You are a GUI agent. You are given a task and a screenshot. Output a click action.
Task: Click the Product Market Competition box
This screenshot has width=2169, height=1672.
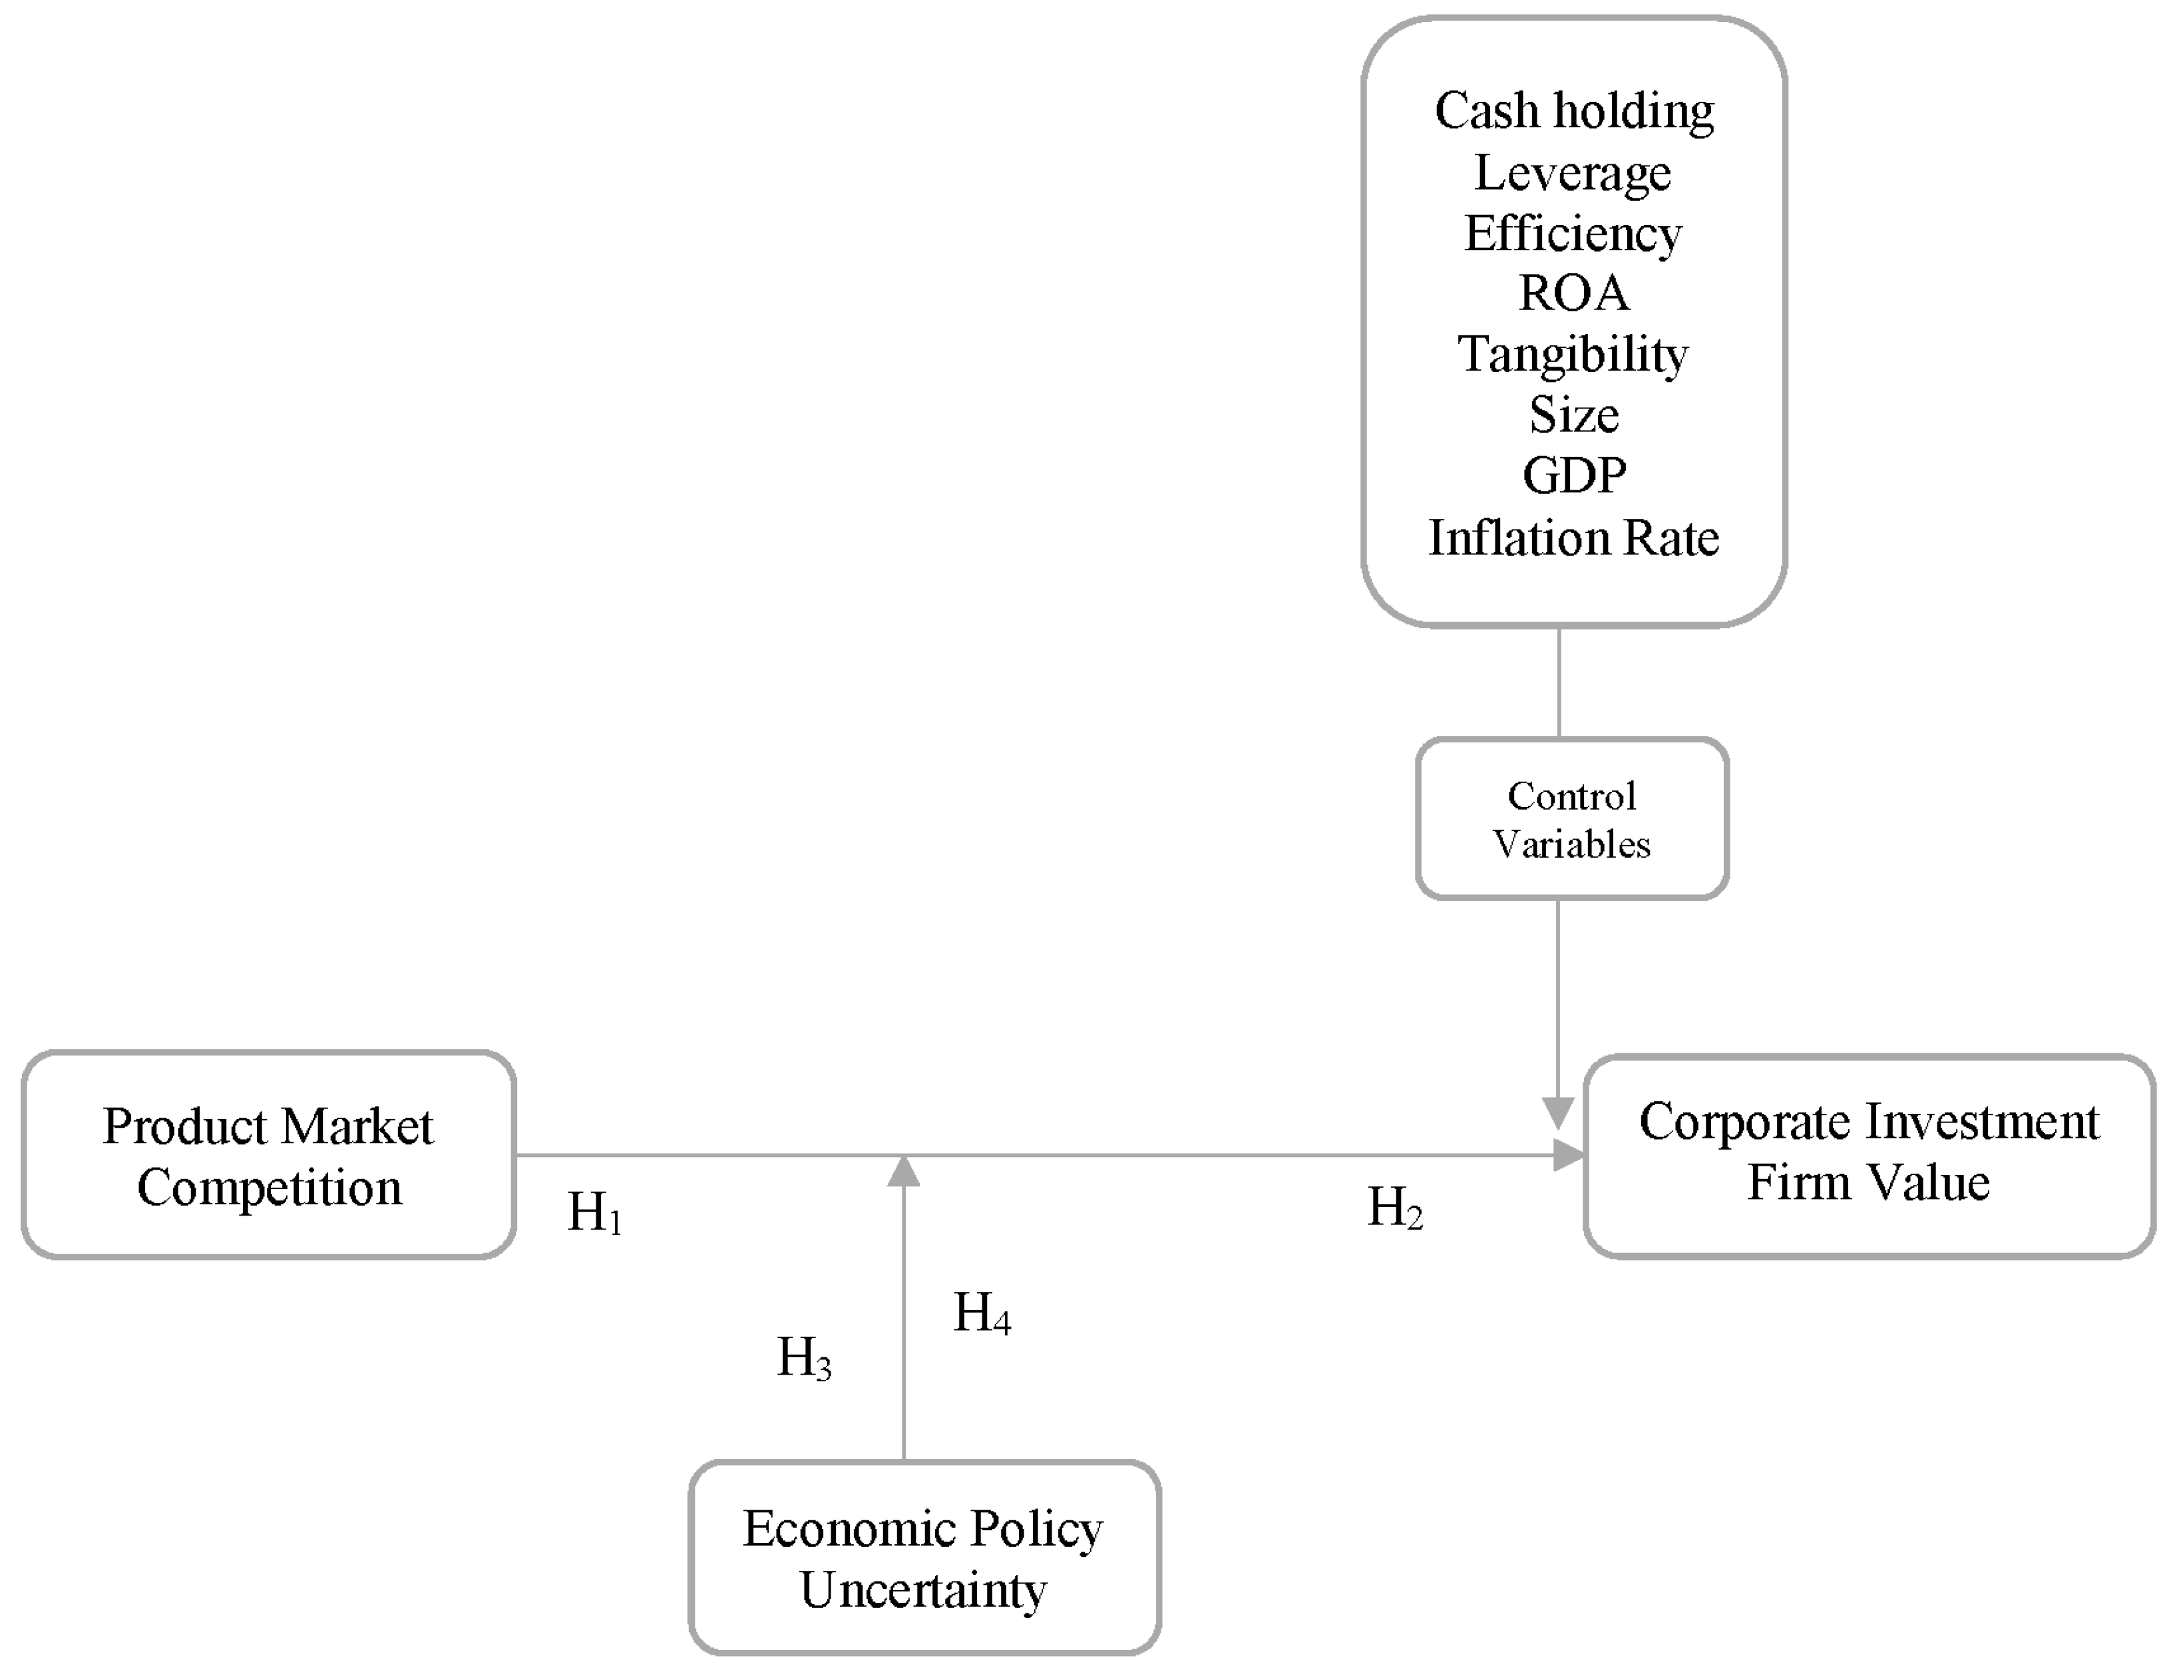pos(268,1156)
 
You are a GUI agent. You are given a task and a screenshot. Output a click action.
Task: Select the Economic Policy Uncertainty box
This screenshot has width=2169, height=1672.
pos(924,1558)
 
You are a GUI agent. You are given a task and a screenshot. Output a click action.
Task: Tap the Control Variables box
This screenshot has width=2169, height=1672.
pos(1571,819)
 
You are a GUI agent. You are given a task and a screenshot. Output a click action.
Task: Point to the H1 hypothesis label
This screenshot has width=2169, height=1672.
pos(594,1212)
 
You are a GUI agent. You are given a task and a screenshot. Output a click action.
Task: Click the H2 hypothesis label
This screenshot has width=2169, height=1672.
pos(1394,1208)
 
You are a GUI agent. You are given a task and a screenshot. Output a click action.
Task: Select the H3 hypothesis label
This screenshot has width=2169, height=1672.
pos(803,1357)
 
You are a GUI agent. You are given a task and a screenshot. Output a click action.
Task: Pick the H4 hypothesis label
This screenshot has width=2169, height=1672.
pos(981,1313)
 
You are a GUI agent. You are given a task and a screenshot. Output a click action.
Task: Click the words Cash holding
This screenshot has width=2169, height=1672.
pos(1573,110)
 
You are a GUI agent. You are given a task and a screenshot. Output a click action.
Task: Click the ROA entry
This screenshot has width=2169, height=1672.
pos(1573,293)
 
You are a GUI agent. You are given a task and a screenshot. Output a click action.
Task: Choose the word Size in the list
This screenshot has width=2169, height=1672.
pos(1573,414)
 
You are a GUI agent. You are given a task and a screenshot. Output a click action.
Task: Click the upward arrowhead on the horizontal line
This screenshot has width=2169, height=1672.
pos(904,1172)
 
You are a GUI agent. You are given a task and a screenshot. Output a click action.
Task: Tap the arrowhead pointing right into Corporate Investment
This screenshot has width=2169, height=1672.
pos(1568,1155)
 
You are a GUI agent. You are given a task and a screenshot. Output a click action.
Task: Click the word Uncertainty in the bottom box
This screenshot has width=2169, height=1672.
pos(924,1589)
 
